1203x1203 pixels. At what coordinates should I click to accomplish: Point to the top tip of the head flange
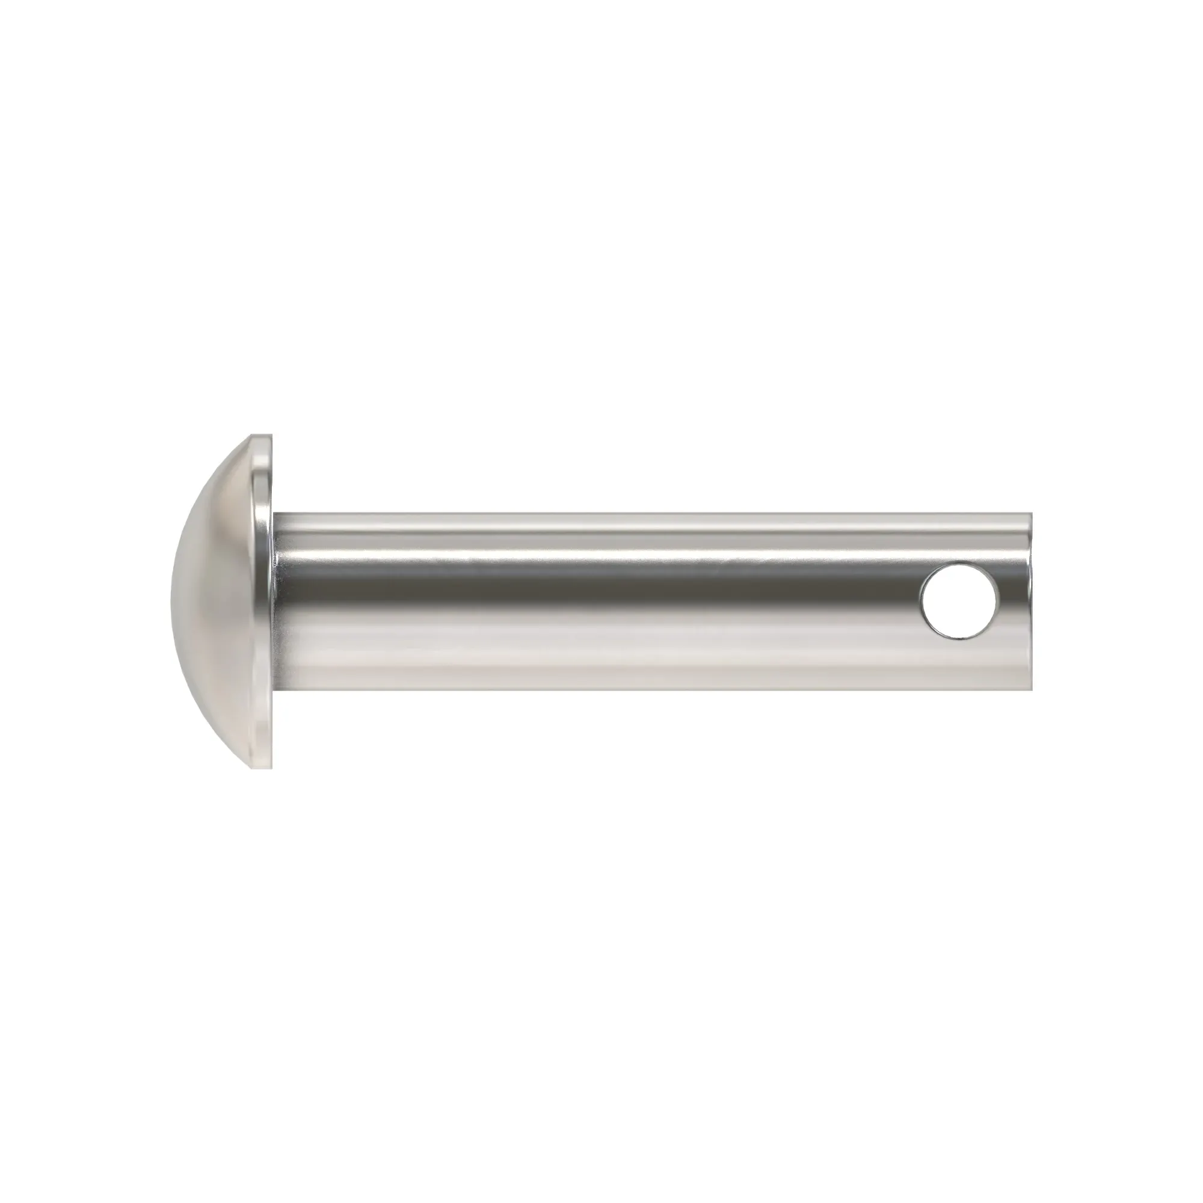tap(262, 435)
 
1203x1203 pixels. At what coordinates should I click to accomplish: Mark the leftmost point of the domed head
tap(170, 601)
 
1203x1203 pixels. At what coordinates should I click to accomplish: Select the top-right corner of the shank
tap(1031, 514)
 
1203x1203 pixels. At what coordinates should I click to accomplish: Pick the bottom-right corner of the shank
tap(1031, 690)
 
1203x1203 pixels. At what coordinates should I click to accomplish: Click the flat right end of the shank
tap(1030, 602)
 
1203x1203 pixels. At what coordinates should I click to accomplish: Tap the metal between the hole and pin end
tap(1015, 602)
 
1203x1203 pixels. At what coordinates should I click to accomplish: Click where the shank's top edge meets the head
tap(274, 514)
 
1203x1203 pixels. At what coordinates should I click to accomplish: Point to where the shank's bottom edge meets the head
tap(274, 690)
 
